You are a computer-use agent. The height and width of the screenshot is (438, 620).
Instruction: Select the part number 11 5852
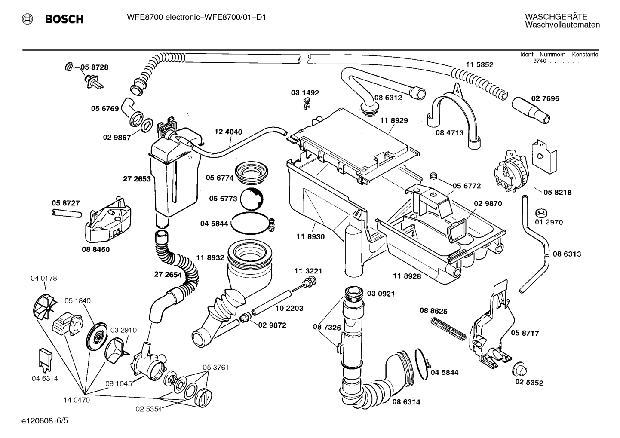479,64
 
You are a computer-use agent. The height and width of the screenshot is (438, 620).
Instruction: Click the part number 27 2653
137,179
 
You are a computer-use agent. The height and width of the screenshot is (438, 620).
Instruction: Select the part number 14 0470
77,400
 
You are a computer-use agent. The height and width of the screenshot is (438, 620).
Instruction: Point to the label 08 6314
406,402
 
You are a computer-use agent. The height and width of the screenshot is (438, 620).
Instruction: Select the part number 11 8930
310,236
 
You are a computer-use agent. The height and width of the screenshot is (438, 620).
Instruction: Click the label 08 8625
433,310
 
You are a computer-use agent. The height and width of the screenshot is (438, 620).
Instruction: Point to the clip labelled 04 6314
45,358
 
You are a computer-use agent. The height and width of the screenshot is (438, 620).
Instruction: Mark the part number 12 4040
228,132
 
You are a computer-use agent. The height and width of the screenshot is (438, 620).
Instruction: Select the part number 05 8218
557,192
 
